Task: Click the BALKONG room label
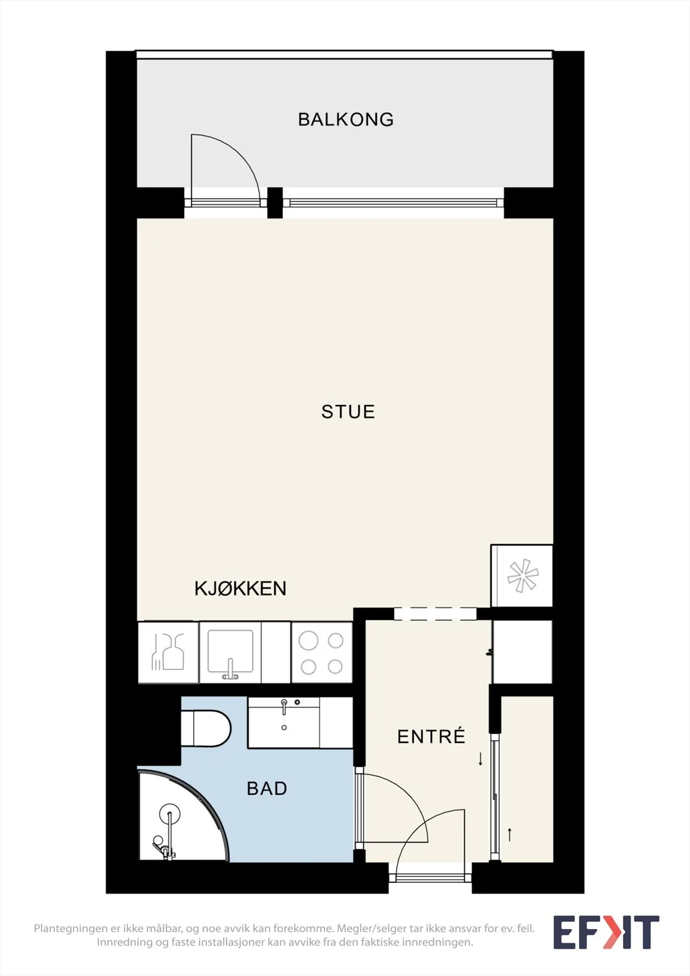(346, 120)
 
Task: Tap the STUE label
(348, 412)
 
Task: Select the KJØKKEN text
(240, 588)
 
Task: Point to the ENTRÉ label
(431, 736)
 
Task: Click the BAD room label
(267, 788)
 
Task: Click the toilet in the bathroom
(206, 728)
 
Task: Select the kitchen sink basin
(231, 651)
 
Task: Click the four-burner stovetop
(322, 652)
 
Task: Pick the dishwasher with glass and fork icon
(168, 652)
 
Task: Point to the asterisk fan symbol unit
(522, 575)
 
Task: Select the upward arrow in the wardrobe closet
(509, 834)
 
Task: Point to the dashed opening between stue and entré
(435, 614)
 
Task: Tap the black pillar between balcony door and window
(275, 203)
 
